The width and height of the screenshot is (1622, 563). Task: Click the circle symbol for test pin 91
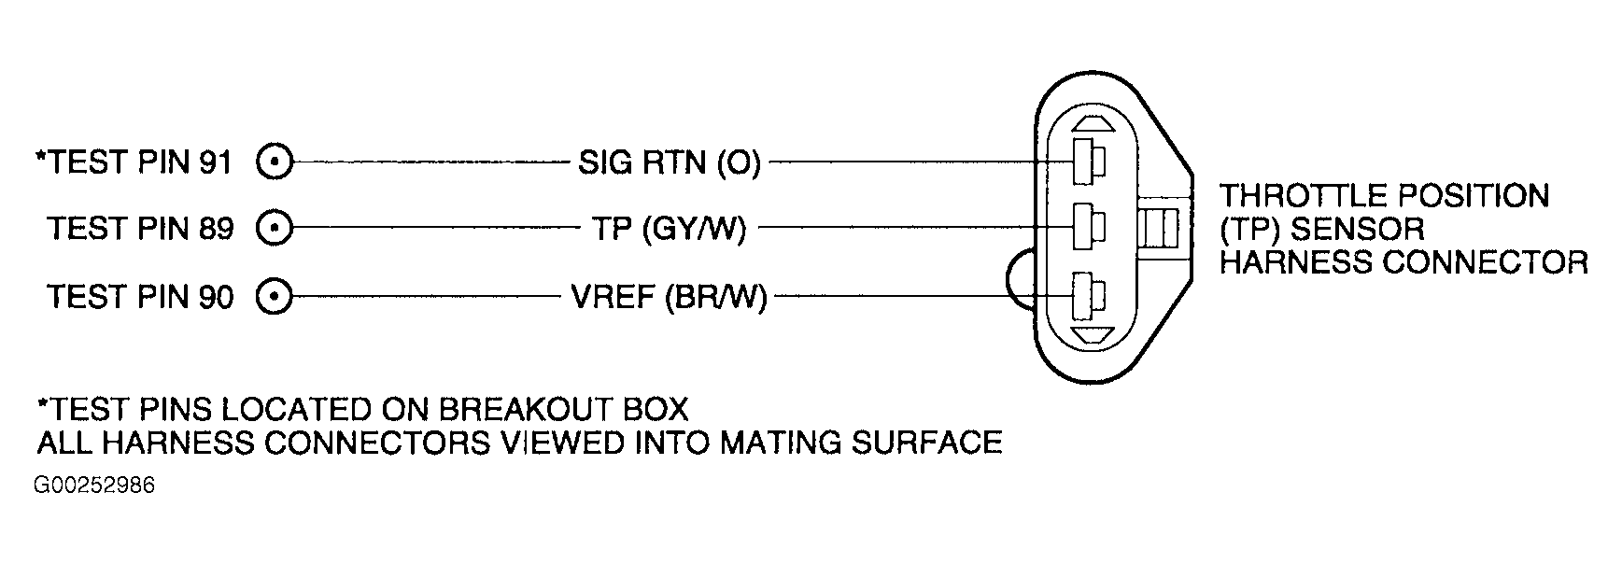(x=275, y=162)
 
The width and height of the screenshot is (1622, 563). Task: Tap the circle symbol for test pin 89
(x=275, y=228)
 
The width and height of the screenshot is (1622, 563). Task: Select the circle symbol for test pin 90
(x=275, y=297)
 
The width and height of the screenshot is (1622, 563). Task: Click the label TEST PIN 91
(x=134, y=162)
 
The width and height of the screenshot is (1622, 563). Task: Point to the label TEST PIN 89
(x=140, y=229)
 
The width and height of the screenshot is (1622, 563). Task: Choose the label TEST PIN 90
(x=140, y=297)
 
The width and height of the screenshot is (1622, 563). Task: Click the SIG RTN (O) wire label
(x=669, y=164)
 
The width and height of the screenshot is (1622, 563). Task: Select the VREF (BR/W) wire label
(x=669, y=298)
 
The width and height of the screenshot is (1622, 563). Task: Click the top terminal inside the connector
(x=1089, y=162)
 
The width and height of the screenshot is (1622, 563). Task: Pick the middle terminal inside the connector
(x=1089, y=226)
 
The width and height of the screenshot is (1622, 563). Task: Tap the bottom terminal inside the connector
(x=1089, y=296)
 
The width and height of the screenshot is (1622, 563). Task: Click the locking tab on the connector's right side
(x=1158, y=227)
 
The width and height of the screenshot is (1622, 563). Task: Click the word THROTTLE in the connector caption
(x=1299, y=196)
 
